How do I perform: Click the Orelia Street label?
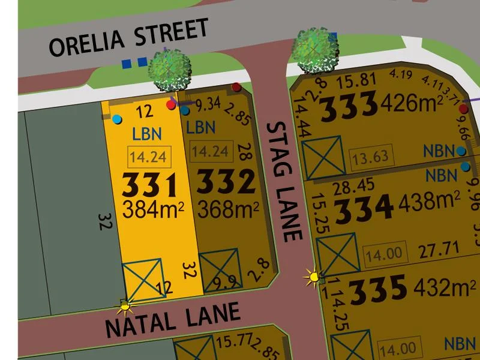[129, 37]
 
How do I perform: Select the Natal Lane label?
[173, 319]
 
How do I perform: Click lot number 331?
[149, 185]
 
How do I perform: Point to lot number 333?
[349, 106]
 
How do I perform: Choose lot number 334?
[364, 208]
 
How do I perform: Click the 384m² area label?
[153, 209]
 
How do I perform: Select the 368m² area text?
[229, 209]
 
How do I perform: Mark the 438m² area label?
[430, 204]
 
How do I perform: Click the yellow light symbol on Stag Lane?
[313, 277]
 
